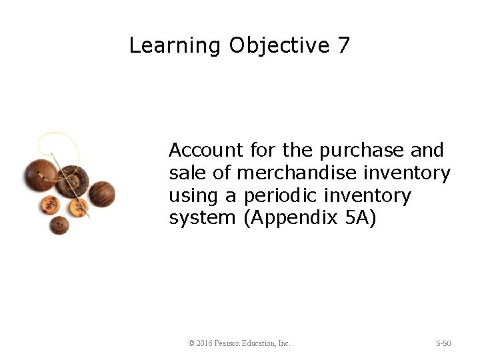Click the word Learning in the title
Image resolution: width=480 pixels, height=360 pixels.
coord(175,45)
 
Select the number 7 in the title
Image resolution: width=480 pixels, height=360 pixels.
coord(343,45)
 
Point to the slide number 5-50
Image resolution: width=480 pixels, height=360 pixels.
coord(443,343)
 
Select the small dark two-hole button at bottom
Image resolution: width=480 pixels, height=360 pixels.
coord(59,225)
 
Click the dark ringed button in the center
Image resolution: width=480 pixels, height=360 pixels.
coord(72,181)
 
